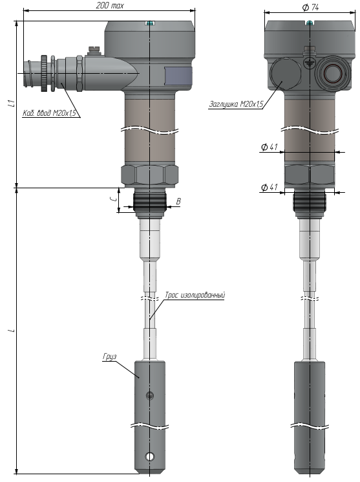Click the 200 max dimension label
pos(110,6)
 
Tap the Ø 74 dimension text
pos(310,7)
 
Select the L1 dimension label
pos(12,104)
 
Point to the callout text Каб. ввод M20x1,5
pos(49,113)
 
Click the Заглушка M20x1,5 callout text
pos(236,104)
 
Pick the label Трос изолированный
pos(195,295)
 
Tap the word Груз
pos(110,356)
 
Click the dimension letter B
pos(178,201)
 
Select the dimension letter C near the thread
pos(114,199)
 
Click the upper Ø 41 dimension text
pos(270,147)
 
